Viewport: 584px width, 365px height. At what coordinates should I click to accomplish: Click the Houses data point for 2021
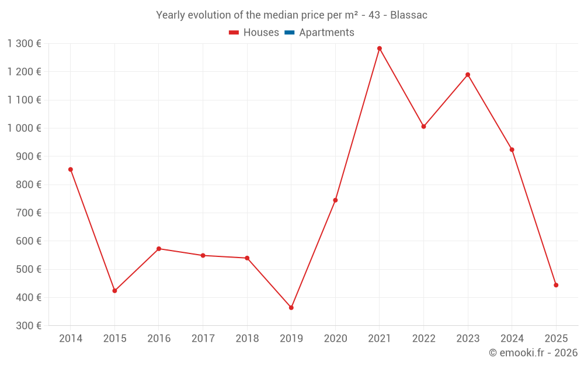point(380,48)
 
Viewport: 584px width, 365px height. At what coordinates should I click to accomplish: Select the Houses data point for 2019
point(291,308)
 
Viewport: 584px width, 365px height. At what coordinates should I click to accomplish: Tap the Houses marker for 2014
point(71,169)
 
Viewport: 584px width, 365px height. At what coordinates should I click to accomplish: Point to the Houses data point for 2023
point(468,75)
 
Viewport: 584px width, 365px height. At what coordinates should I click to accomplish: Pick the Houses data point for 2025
point(556,285)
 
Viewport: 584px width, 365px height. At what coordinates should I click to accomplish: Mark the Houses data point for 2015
point(114,291)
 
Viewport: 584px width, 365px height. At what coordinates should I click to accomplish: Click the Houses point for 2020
point(335,200)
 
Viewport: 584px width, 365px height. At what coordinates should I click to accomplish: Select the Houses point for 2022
point(423,126)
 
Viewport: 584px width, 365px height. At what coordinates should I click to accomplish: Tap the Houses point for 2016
point(159,249)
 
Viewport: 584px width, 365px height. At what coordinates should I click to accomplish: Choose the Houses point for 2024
point(512,150)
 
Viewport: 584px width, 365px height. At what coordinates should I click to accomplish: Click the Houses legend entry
point(254,33)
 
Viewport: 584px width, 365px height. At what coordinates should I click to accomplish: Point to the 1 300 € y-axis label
point(24,43)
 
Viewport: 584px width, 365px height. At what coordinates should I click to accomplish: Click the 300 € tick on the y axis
point(27,325)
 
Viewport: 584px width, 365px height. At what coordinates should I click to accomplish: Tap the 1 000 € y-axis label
point(24,128)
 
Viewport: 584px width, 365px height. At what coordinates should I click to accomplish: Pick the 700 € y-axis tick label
point(27,213)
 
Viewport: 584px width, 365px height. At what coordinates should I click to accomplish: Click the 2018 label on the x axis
point(247,338)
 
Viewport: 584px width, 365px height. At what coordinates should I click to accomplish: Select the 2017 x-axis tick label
point(203,338)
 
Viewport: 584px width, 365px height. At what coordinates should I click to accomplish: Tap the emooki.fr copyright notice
point(533,353)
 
